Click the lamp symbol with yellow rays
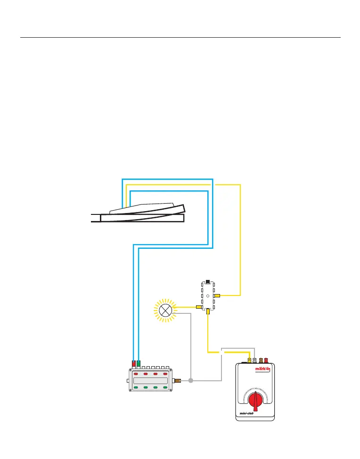(165, 310)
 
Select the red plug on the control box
(134, 363)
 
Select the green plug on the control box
(139, 363)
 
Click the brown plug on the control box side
(178, 380)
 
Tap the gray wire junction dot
(191, 380)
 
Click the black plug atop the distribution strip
(208, 281)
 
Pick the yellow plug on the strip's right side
(217, 295)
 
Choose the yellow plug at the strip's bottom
(208, 311)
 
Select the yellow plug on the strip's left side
(199, 307)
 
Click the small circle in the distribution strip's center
(208, 295)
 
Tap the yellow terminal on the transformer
(249, 360)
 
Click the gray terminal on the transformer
(255, 360)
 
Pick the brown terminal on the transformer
(261, 360)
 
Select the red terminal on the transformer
(266, 360)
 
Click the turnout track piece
(141, 214)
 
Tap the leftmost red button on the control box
(135, 374)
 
